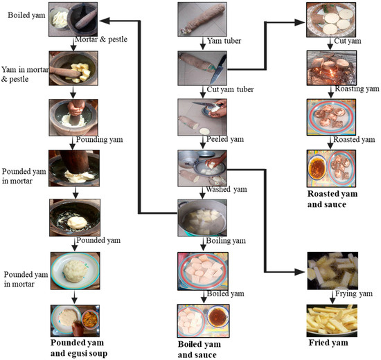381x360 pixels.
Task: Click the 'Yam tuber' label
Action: pyautogui.click(x=224, y=41)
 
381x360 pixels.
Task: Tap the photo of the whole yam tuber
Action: pyautogui.click(x=202, y=19)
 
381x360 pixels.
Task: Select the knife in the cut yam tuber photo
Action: pyautogui.click(x=218, y=69)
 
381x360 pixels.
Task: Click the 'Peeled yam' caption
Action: pyautogui.click(x=225, y=139)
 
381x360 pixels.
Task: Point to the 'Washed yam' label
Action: pyautogui.click(x=227, y=189)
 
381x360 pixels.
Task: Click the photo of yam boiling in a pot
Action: pyautogui.click(x=202, y=218)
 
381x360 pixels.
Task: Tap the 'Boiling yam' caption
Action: pyautogui.click(x=226, y=241)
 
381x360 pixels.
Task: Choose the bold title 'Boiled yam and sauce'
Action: pyautogui.click(x=200, y=350)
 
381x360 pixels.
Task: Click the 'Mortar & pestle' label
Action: pyautogui.click(x=101, y=39)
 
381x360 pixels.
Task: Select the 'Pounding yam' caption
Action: pyautogui.click(x=99, y=140)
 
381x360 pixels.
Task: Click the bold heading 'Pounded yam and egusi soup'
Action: pyautogui.click(x=79, y=348)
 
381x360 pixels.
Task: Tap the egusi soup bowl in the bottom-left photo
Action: pyautogui.click(x=90, y=319)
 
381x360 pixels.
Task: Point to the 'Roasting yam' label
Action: pyautogui.click(x=357, y=89)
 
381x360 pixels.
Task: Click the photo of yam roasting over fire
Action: pyautogui.click(x=332, y=68)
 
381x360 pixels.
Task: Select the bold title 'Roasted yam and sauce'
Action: pyautogui.click(x=333, y=199)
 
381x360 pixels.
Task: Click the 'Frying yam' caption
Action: pyautogui.click(x=354, y=294)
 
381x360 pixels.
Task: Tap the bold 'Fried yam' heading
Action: pyautogui.click(x=328, y=343)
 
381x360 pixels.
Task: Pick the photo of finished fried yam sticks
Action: pyautogui.click(x=332, y=321)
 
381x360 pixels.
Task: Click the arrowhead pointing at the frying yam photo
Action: pyautogui.click(x=300, y=272)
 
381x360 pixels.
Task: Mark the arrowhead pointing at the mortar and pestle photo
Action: pyautogui.click(x=105, y=21)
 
